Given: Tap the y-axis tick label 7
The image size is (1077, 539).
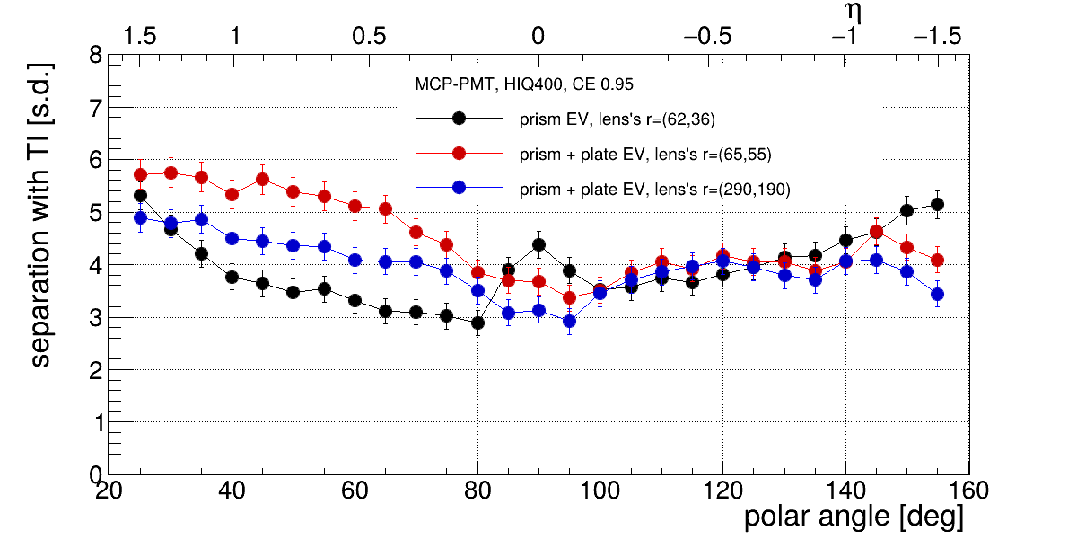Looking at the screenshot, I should [x=94, y=108].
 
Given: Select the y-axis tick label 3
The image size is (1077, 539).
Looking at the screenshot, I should [x=94, y=317].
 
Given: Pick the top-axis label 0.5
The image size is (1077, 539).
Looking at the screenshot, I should [x=370, y=36].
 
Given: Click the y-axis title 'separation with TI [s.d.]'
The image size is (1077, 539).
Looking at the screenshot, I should [x=40, y=216].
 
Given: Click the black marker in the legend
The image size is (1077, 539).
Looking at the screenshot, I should [x=459, y=119].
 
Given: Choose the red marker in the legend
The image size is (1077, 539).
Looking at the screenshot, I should [x=459, y=154].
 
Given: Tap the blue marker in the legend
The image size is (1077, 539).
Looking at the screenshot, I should [x=459, y=189].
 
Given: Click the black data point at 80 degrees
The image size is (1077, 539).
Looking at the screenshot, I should [x=477, y=323].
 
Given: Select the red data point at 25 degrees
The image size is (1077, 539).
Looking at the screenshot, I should [x=140, y=174].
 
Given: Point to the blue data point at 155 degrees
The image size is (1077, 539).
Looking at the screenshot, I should [x=937, y=294].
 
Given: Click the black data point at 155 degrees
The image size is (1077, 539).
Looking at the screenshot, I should [x=937, y=205].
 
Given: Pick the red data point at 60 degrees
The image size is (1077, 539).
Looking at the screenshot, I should [x=355, y=206].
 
